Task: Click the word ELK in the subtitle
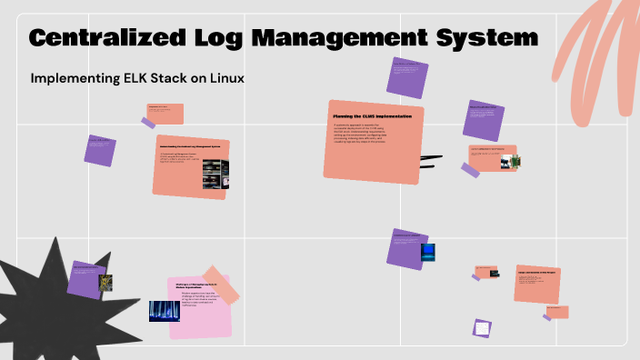124,79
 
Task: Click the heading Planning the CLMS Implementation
372,117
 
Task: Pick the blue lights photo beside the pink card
165,311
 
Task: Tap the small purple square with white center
482,328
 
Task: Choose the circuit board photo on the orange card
515,162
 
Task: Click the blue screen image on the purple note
427,252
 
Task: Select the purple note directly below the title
406,77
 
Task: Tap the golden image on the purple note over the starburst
105,283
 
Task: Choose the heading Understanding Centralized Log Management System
192,146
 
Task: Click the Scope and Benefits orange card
536,284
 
